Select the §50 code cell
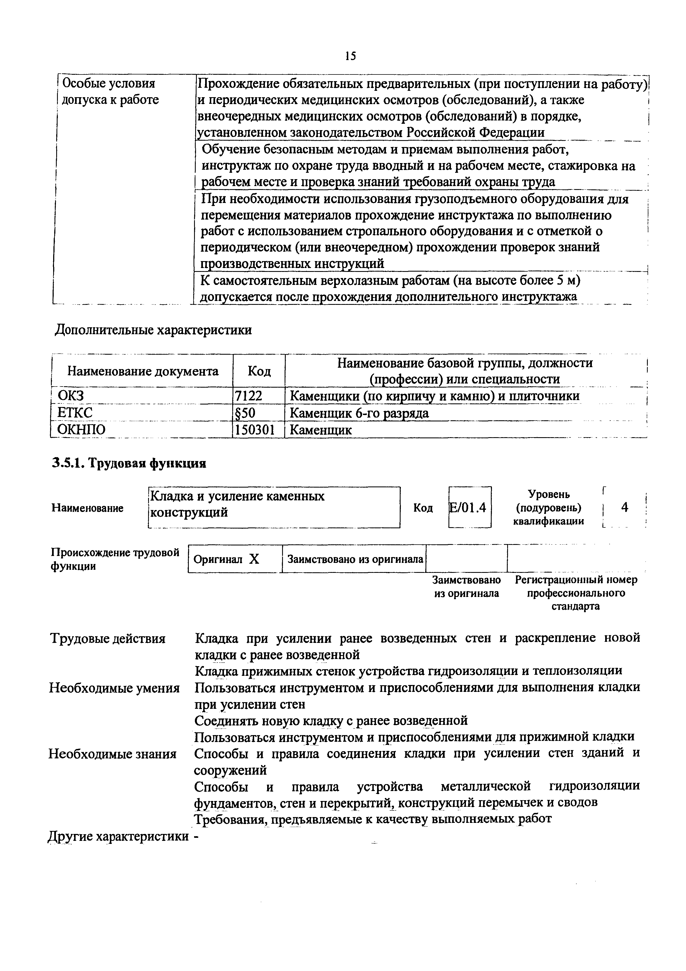245,413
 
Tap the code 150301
255,430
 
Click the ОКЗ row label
71,396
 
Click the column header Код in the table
259,371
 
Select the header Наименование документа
143,371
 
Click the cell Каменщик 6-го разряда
359,413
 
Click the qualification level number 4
624,507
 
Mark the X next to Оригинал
254,560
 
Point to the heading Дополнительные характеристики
154,329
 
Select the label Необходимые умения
114,688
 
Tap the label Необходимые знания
112,754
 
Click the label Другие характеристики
118,836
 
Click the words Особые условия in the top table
109,83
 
